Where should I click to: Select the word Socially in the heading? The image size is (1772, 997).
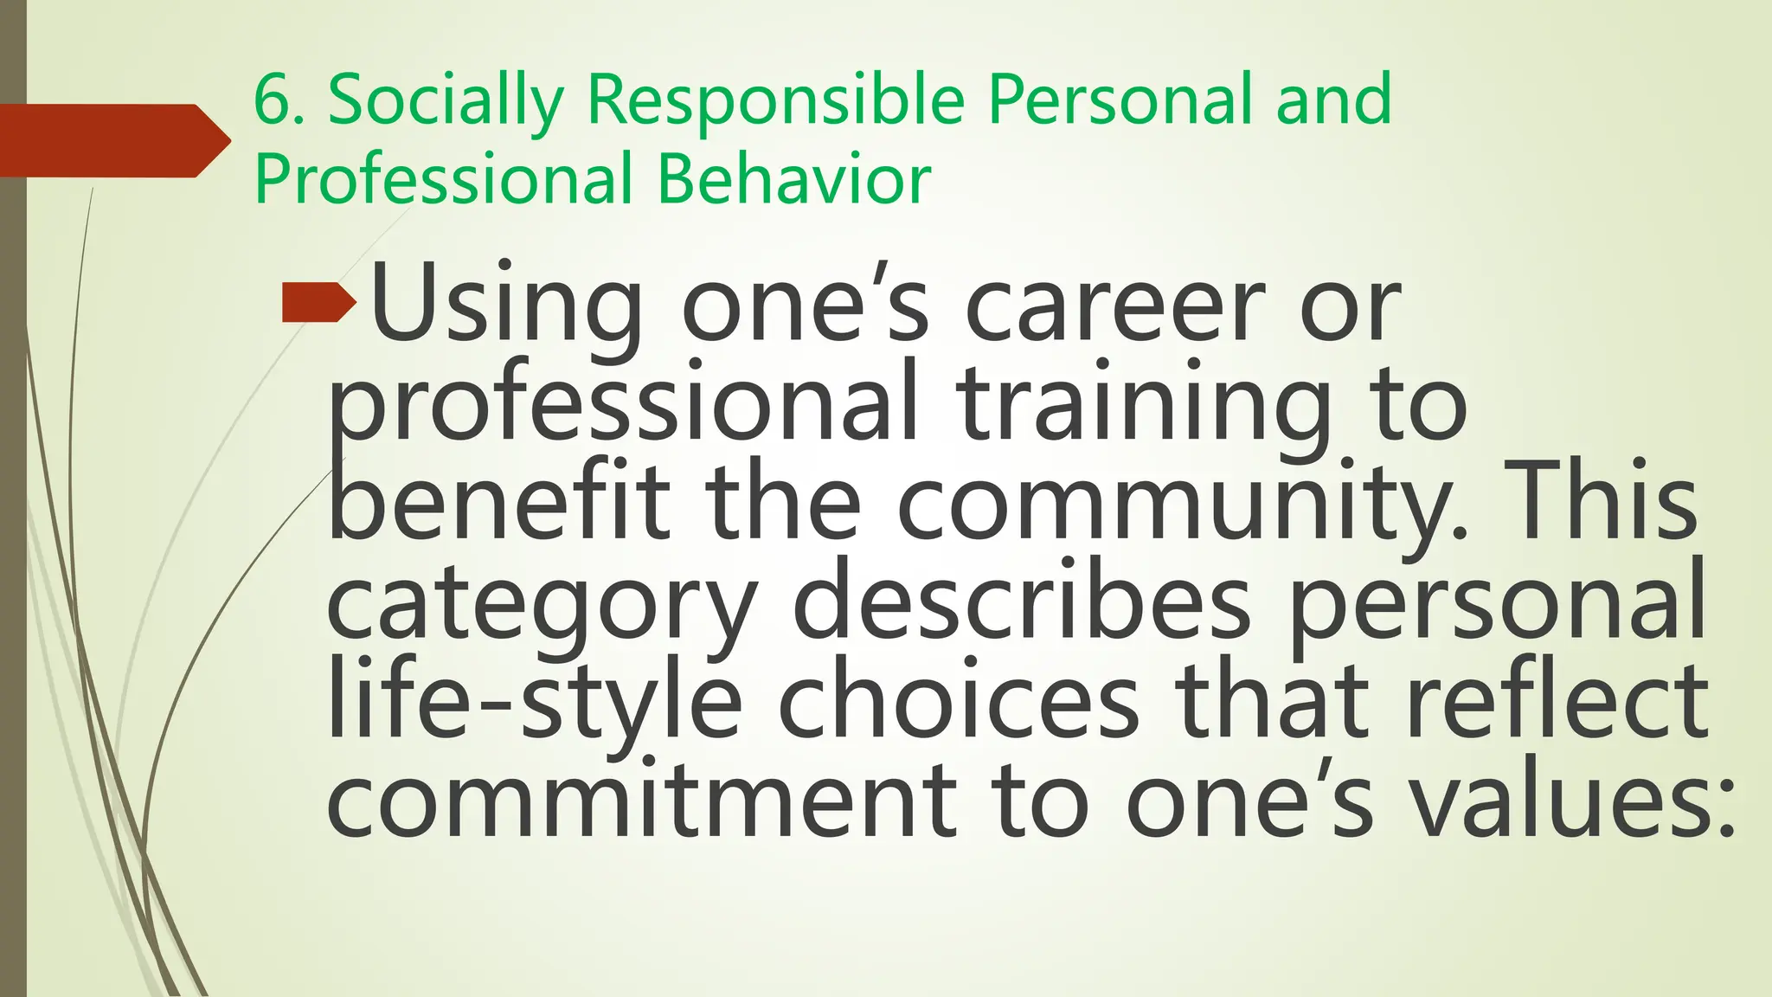(x=445, y=102)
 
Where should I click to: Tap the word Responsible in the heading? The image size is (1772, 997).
(x=775, y=100)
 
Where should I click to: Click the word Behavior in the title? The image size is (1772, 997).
(x=793, y=179)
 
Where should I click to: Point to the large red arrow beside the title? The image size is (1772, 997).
(x=112, y=140)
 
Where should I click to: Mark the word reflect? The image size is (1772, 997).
(x=1557, y=701)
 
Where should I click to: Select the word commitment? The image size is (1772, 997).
(x=642, y=800)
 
